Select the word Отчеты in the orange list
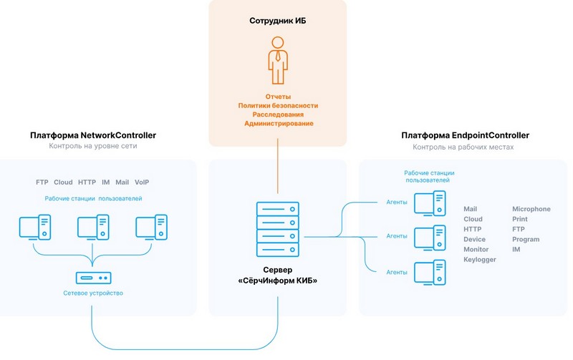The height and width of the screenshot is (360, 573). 278,96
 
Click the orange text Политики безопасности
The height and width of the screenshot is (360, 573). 278,105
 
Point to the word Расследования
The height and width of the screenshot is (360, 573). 278,115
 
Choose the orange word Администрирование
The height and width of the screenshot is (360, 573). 278,124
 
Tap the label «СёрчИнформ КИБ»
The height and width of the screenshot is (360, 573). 278,281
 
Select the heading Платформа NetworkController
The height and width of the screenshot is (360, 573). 93,135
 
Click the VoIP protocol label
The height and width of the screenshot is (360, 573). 142,183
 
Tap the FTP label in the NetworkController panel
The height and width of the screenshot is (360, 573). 42,183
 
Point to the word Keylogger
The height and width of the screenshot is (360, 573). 480,260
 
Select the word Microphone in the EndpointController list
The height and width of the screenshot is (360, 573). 531,209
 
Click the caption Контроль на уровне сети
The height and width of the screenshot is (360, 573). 93,147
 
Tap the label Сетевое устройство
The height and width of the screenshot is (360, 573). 93,293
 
